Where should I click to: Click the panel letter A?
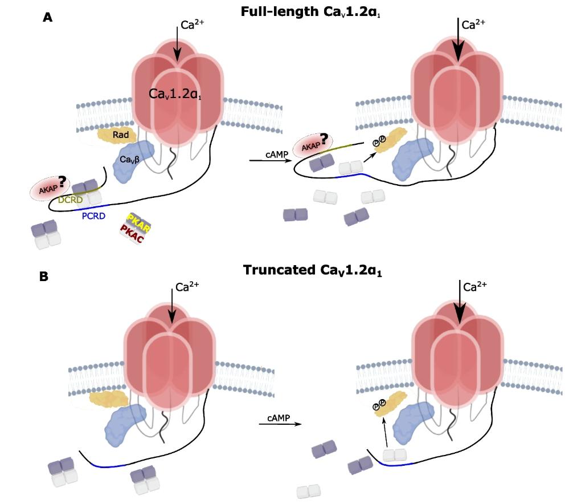click(x=48, y=17)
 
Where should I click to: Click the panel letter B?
click(x=44, y=277)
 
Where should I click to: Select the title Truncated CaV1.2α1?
click(x=312, y=270)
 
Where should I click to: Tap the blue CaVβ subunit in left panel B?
click(x=122, y=425)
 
